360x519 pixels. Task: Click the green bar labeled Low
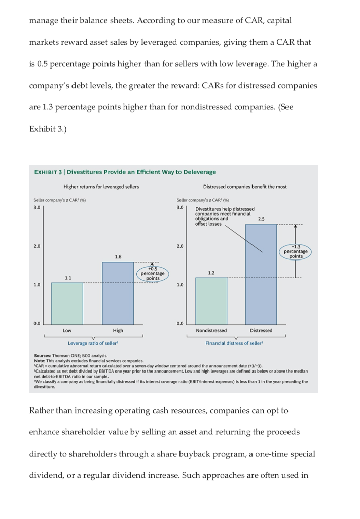point(67,303)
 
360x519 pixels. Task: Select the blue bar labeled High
point(118,292)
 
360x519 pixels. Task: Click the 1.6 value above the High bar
point(118,257)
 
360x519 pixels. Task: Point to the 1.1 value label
point(67,277)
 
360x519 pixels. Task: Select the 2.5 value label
point(261,219)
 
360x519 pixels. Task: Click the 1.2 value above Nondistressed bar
point(211,273)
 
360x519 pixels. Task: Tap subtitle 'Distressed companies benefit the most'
point(245,187)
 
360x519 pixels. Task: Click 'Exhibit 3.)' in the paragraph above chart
point(48,128)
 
